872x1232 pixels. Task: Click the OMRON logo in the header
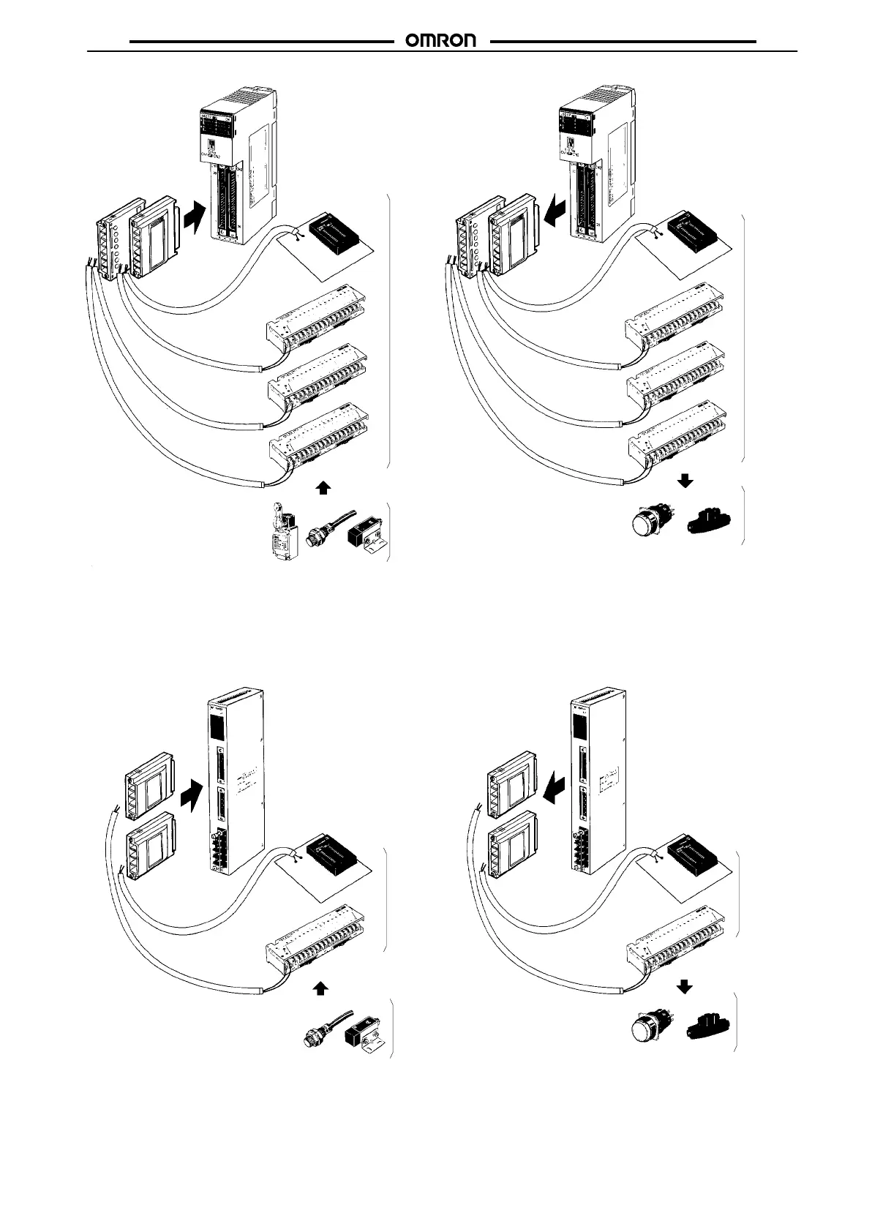point(441,42)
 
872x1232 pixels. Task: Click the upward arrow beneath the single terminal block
point(320,989)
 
